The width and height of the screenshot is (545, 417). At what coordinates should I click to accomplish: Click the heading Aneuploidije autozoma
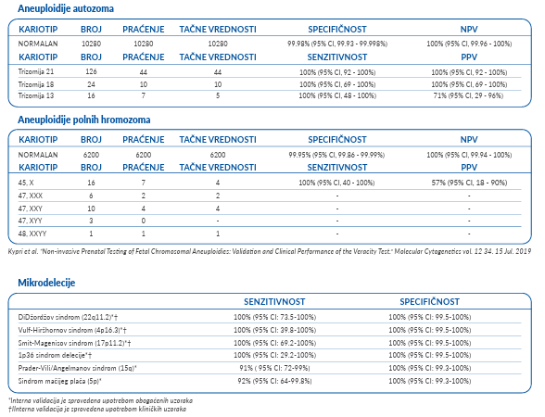click(66, 8)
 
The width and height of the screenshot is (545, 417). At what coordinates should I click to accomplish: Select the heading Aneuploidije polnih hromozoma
click(84, 120)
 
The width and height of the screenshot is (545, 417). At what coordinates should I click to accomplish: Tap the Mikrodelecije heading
click(46, 283)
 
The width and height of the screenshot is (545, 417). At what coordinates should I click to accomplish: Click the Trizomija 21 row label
click(36, 72)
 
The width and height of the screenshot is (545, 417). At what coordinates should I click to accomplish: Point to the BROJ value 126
click(91, 71)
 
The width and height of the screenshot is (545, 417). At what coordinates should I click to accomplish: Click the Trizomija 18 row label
click(36, 84)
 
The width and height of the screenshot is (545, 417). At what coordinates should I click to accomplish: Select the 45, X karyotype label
click(26, 183)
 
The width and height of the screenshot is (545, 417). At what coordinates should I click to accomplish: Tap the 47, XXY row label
click(31, 208)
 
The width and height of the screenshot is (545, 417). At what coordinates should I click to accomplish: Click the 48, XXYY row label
click(32, 234)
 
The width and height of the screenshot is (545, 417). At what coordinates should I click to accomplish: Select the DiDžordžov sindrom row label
click(69, 317)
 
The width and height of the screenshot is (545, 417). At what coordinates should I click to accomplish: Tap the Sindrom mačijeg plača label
click(59, 381)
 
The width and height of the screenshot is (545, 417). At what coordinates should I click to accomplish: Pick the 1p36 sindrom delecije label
click(55, 356)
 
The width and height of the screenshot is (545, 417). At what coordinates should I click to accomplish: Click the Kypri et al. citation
click(270, 251)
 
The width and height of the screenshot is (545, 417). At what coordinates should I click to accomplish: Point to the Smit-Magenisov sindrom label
click(74, 343)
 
